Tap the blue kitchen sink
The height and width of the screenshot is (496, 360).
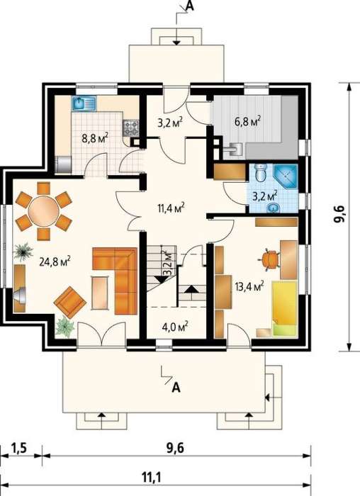click(x=84, y=103)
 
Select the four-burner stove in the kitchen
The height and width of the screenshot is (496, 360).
click(x=130, y=128)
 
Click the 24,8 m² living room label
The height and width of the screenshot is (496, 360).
click(x=55, y=262)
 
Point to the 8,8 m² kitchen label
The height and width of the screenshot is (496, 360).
click(x=95, y=138)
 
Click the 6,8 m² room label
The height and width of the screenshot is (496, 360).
click(x=247, y=121)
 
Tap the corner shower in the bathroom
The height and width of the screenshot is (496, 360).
click(x=286, y=176)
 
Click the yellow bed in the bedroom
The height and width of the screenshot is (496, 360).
click(x=285, y=308)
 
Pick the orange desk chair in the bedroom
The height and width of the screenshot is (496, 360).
click(x=269, y=260)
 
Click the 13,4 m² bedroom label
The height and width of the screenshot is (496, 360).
click(x=249, y=286)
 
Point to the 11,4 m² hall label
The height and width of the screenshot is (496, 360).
click(x=171, y=208)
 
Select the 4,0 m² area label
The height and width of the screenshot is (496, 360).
click(x=175, y=325)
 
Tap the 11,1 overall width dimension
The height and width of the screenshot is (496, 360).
click(x=151, y=478)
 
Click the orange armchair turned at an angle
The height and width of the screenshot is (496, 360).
click(x=70, y=302)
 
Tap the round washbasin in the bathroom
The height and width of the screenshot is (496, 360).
click(x=272, y=208)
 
